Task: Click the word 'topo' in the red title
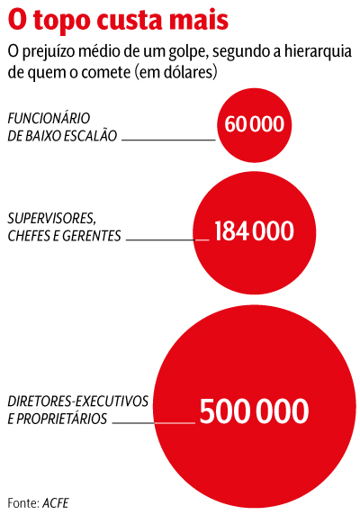click(x=62, y=22)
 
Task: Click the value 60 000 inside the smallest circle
click(x=255, y=124)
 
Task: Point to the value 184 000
click(x=255, y=230)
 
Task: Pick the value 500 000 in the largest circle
click(x=255, y=411)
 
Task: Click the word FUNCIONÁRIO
click(x=49, y=118)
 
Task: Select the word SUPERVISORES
click(x=52, y=219)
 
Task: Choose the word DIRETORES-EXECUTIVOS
click(x=78, y=402)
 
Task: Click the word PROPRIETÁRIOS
click(x=62, y=419)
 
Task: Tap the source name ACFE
click(x=56, y=503)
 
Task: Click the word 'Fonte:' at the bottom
click(x=23, y=503)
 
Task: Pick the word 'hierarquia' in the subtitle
click(x=318, y=51)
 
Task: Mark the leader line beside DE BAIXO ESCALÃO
click(x=168, y=140)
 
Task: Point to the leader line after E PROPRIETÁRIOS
click(x=154, y=423)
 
